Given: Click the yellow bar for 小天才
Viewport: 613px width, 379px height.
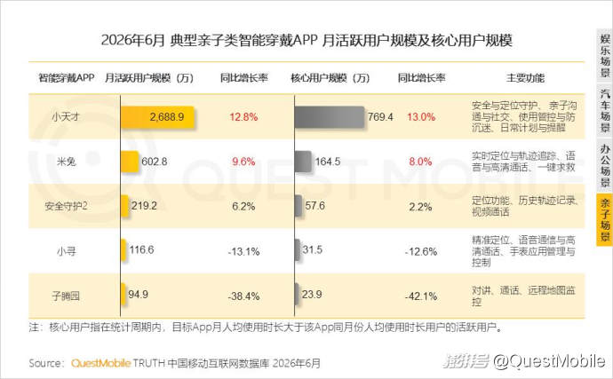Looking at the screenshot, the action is coord(157,117).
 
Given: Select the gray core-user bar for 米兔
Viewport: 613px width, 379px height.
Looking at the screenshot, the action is coord(303,162).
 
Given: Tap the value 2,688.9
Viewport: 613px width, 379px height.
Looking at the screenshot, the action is coord(167,117).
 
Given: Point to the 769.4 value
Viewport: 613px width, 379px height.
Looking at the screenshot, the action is coord(380,117).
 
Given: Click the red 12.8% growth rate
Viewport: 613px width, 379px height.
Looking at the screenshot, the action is coord(243,117).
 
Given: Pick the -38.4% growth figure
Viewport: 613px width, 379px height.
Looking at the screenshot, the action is coord(243,296).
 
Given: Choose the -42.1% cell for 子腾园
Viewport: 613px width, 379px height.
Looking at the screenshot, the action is coord(421,296).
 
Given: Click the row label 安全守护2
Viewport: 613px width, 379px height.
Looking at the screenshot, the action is coord(66,206).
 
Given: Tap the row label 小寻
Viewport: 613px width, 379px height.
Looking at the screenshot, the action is coord(66,251).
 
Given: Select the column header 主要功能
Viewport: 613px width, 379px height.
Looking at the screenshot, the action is coord(525,78).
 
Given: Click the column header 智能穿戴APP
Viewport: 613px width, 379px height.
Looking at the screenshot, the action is coord(66,78).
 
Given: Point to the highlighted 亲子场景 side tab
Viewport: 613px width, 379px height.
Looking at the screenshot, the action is coord(604,220).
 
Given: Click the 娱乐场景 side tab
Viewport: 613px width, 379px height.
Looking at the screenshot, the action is coord(604,56).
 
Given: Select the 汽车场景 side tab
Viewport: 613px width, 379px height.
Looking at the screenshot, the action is coord(604,111).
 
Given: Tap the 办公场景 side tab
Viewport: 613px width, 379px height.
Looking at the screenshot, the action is coord(604,165).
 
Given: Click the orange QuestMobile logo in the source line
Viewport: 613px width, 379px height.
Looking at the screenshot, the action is coord(100,363).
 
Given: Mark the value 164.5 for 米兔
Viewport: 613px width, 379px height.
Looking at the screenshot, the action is coord(328,162).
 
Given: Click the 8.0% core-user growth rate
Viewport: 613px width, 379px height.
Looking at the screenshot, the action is coord(420,162).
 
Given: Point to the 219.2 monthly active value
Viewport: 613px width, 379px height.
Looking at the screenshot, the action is coord(144,206).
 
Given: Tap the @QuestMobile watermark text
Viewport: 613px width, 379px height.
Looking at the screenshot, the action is coord(549,361).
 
